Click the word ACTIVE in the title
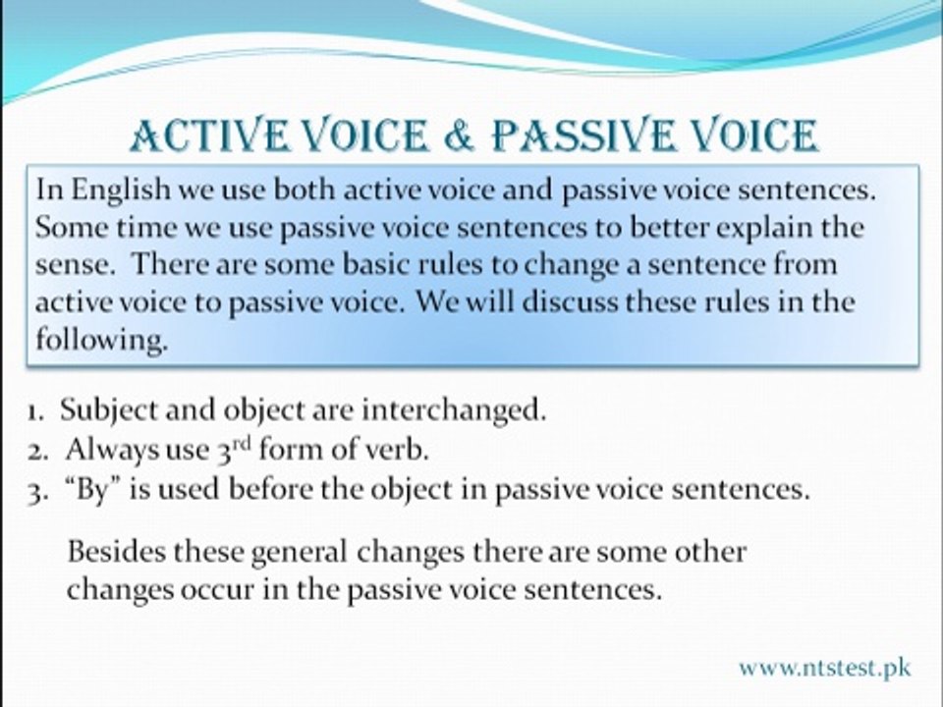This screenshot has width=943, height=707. point(208,135)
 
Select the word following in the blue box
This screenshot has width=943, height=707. point(101,341)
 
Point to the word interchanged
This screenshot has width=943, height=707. point(454,411)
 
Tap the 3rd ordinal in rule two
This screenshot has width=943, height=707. point(232,449)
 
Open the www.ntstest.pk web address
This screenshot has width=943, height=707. point(825,668)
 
